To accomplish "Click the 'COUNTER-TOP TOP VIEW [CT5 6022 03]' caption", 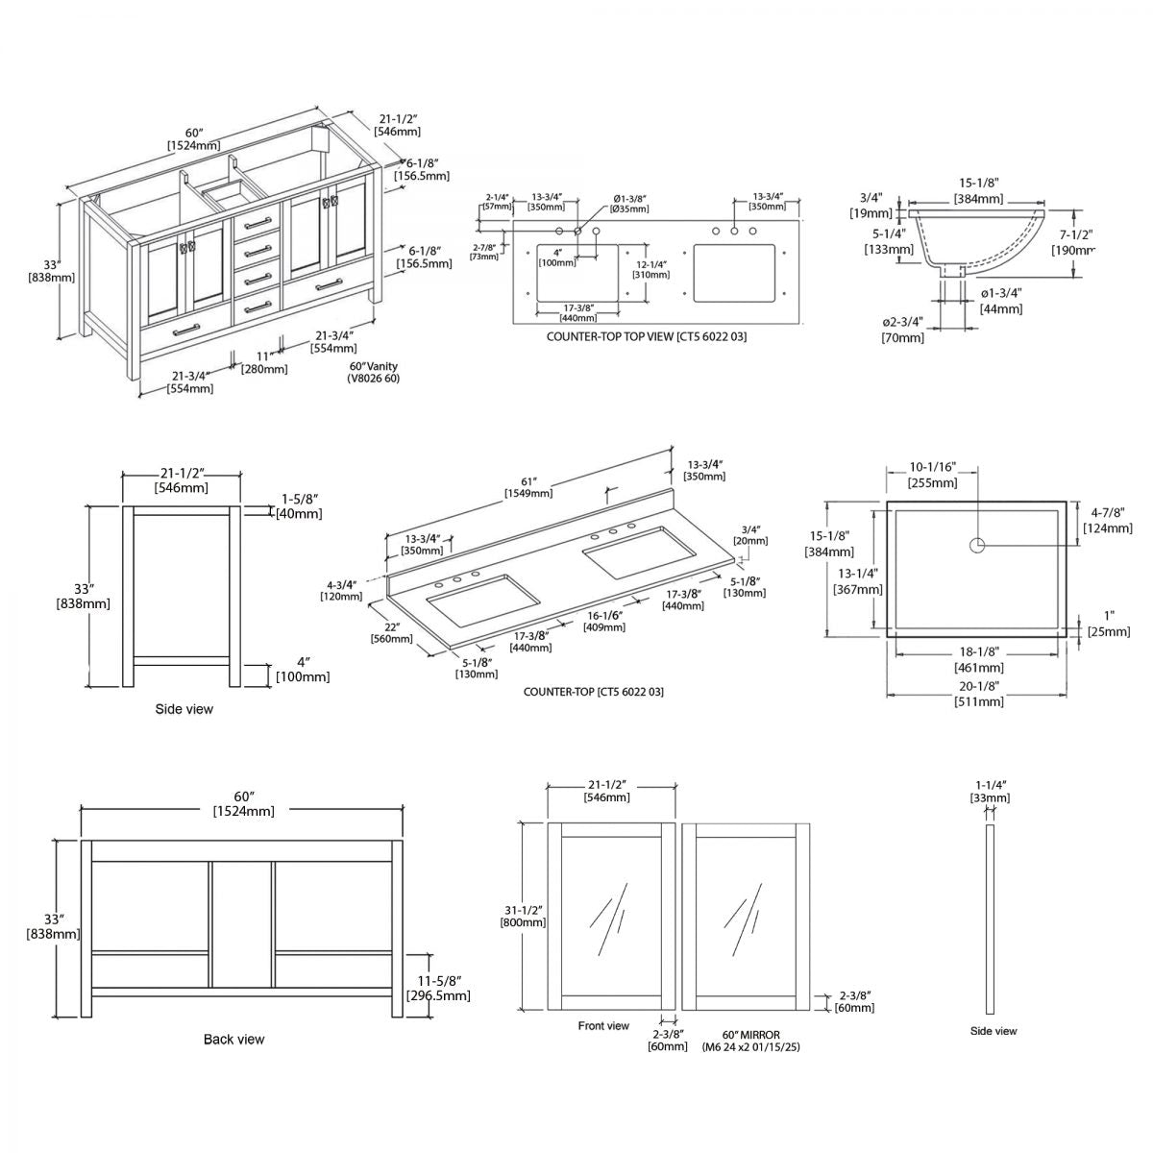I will coord(646,337).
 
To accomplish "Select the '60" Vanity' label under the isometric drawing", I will coord(373,366).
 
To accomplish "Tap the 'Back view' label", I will coord(233,1039).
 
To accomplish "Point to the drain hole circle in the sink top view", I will coord(976,546).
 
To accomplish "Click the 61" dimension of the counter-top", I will coord(527,486).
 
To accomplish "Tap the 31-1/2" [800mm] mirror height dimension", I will coord(523,916).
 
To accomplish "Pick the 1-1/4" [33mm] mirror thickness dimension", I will coord(990,791).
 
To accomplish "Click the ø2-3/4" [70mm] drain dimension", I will coord(902,331).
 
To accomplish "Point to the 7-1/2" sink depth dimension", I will coord(1076,241).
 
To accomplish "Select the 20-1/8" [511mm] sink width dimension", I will coord(978,693).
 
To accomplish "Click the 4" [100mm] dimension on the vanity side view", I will coord(302,670).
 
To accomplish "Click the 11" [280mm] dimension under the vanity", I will coord(263,362).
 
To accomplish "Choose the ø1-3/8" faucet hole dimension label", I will coord(630,203).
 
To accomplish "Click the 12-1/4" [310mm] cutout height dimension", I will coord(652,269).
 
